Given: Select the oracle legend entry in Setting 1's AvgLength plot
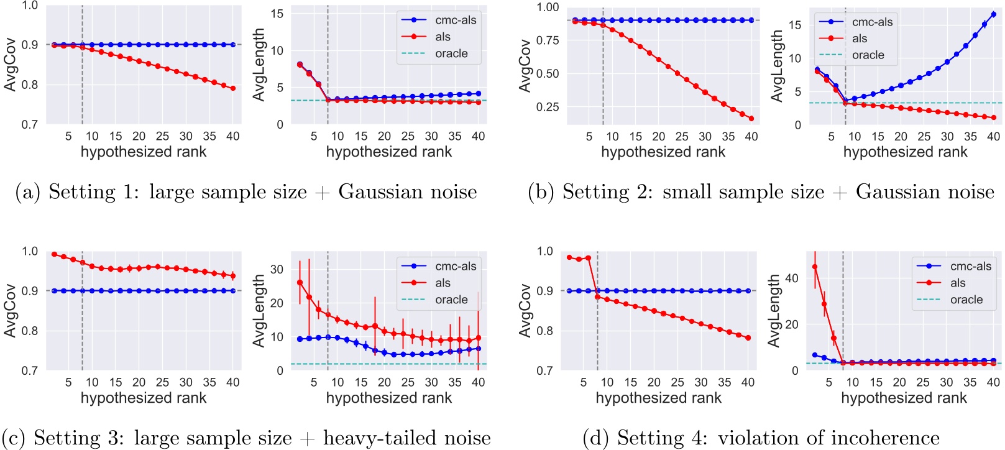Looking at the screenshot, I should pos(451,53).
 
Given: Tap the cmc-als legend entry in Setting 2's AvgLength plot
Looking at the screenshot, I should pos(872,22).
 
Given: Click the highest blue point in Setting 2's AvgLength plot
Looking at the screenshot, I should pos(993,14).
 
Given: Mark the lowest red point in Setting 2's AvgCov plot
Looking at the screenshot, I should pos(751,118).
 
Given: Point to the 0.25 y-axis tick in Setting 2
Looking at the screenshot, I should pos(548,107).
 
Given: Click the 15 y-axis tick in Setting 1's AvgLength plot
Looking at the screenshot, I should pos(277,14).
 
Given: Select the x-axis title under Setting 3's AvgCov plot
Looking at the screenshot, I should pos(144,398).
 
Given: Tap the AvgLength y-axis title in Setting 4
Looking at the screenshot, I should pos(774,311).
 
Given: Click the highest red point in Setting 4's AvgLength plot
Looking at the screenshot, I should pos(815,267).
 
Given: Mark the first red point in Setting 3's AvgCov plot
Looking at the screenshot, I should pos(54,254).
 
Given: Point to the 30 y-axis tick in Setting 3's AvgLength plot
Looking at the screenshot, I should pos(277,269).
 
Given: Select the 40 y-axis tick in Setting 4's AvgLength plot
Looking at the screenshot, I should pos(792,278).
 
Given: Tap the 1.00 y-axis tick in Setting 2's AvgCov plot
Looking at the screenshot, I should pos(548,7).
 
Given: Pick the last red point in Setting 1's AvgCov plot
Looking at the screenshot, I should pos(233,88).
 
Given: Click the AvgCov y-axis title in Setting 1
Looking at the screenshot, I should pos(10,65).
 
